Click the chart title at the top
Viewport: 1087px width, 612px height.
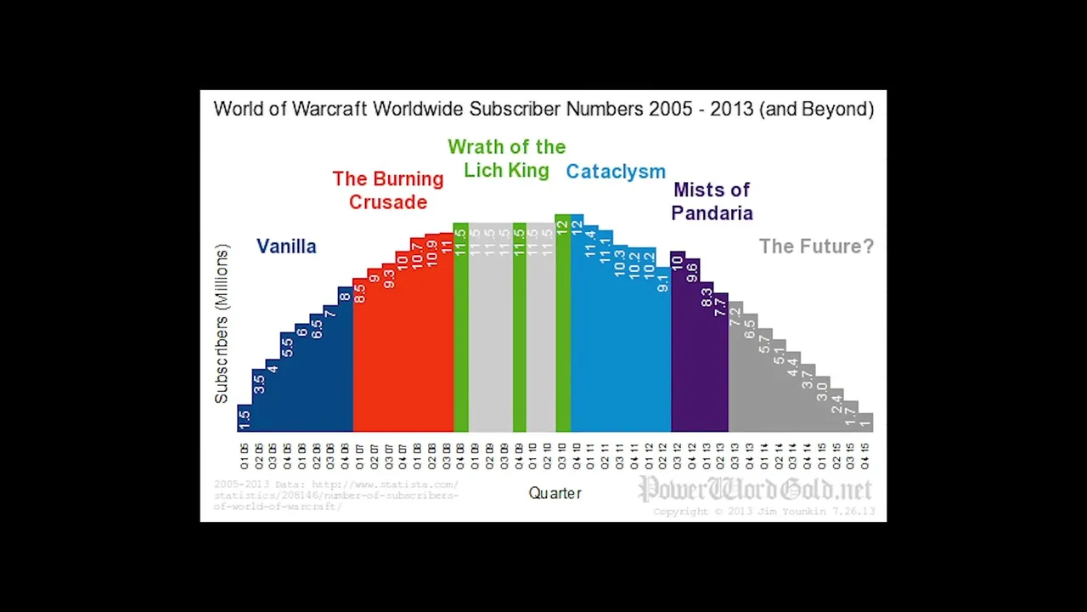[x=543, y=110]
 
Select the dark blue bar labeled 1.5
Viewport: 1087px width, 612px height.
[x=245, y=418]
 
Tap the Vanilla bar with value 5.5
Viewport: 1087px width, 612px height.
[x=287, y=382]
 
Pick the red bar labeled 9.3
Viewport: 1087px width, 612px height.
[x=389, y=348]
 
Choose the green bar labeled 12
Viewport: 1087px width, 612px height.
[x=562, y=323]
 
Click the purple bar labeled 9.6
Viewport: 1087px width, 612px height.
[x=692, y=345]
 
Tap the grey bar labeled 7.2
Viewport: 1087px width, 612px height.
[x=735, y=366]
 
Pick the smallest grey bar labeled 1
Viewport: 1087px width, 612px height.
[x=865, y=422]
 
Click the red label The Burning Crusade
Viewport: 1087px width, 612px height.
[x=388, y=190]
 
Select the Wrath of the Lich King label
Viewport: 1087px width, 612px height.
[x=506, y=158]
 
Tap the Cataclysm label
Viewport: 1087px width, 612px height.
[x=616, y=172]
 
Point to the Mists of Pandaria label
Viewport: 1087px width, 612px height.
[x=712, y=201]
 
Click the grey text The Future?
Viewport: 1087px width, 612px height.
[x=816, y=246]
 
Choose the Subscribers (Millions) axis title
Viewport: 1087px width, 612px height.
[x=222, y=324]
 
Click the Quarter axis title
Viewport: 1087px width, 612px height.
[x=555, y=493]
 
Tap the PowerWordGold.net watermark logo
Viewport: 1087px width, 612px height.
[x=756, y=490]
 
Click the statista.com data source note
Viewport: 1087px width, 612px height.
[x=336, y=496]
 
